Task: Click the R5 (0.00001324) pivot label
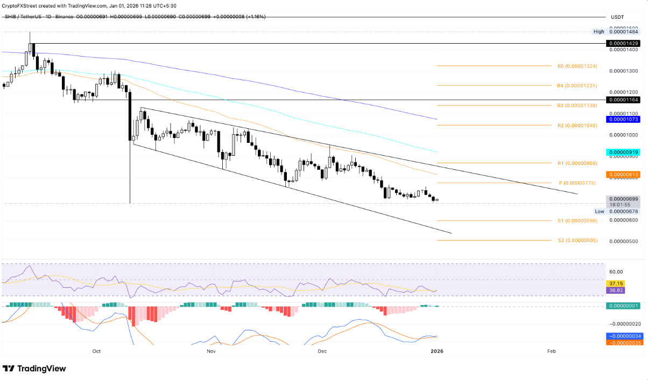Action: coord(577,66)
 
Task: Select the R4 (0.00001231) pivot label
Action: coord(577,86)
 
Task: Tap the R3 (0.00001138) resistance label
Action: coord(577,106)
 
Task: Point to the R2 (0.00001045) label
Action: coord(577,125)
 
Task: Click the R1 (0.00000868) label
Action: coord(577,163)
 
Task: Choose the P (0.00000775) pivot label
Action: coord(577,183)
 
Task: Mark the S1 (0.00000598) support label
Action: coord(577,220)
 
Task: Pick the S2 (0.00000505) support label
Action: coord(577,240)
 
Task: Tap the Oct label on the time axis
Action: coord(96,351)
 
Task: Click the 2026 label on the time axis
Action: coord(437,351)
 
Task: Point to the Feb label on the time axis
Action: coord(552,351)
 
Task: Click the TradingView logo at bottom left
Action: coord(34,369)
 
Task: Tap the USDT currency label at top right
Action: coord(617,17)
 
